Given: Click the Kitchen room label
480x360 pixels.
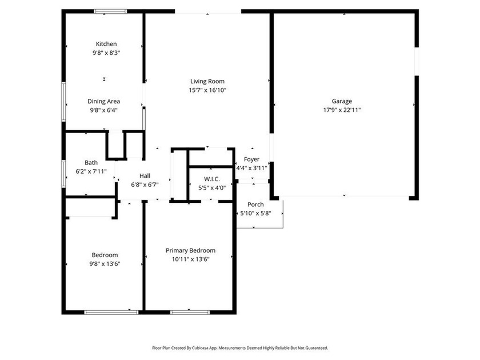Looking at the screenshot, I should click(x=106, y=44).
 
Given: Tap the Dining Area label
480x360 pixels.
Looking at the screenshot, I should click(x=103, y=102).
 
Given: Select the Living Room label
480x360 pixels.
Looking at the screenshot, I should click(x=207, y=81).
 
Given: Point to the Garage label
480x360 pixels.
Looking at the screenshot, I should click(x=342, y=101).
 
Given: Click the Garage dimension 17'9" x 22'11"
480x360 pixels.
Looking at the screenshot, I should click(x=342, y=110).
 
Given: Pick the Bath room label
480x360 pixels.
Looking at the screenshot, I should click(x=91, y=162).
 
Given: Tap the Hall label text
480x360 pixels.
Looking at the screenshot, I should click(x=145, y=175).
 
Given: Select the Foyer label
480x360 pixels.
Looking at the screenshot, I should click(x=251, y=159).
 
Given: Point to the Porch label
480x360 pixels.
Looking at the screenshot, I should click(x=255, y=205).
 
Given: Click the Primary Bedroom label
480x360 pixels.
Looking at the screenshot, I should click(x=190, y=250).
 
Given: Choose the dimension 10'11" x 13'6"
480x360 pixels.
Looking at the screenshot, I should click(x=190, y=259).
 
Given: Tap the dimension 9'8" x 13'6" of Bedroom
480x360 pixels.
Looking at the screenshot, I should click(x=105, y=263).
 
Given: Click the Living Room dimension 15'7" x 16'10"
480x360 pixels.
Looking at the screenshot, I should click(x=207, y=90).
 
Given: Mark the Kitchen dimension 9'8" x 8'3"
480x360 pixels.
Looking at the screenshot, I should click(x=106, y=53).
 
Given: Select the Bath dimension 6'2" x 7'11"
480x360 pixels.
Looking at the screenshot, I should click(x=91, y=171).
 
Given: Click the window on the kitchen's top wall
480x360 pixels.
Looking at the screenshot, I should click(x=111, y=10).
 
